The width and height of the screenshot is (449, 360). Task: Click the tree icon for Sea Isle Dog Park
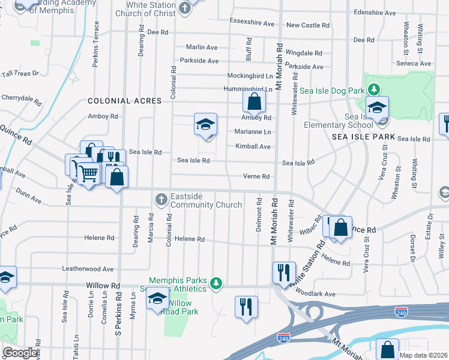374,89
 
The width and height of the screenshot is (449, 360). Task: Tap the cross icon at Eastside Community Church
160,199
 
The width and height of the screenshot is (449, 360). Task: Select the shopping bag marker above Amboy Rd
255,101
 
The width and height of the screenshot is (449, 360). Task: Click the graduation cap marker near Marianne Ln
205,125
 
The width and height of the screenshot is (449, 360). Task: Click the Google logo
20,353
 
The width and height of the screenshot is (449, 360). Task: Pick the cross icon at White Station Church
186,8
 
